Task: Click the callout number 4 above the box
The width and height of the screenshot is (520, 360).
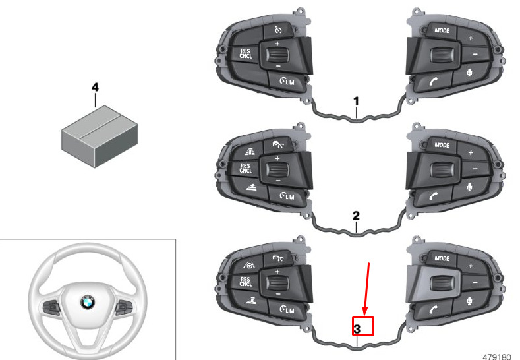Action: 95,88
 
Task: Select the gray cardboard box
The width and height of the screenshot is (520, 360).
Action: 100,136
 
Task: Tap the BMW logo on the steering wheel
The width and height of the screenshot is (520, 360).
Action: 88,302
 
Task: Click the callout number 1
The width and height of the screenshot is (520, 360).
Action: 356,101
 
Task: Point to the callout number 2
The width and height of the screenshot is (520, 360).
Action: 356,216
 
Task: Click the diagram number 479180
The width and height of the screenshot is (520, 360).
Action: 496,357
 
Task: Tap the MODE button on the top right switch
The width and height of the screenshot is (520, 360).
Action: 442,31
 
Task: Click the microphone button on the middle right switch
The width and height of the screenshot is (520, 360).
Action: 470,188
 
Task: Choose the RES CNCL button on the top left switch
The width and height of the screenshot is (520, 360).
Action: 245,54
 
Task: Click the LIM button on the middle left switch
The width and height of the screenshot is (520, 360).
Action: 287,196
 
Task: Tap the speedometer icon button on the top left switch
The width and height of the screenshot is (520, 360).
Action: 278,30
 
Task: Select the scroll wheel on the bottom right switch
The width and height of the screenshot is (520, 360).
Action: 441,283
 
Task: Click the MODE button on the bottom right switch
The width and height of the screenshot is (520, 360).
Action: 442,259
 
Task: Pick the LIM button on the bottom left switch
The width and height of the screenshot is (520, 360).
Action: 287,310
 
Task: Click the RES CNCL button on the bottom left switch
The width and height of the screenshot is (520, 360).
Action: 245,282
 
